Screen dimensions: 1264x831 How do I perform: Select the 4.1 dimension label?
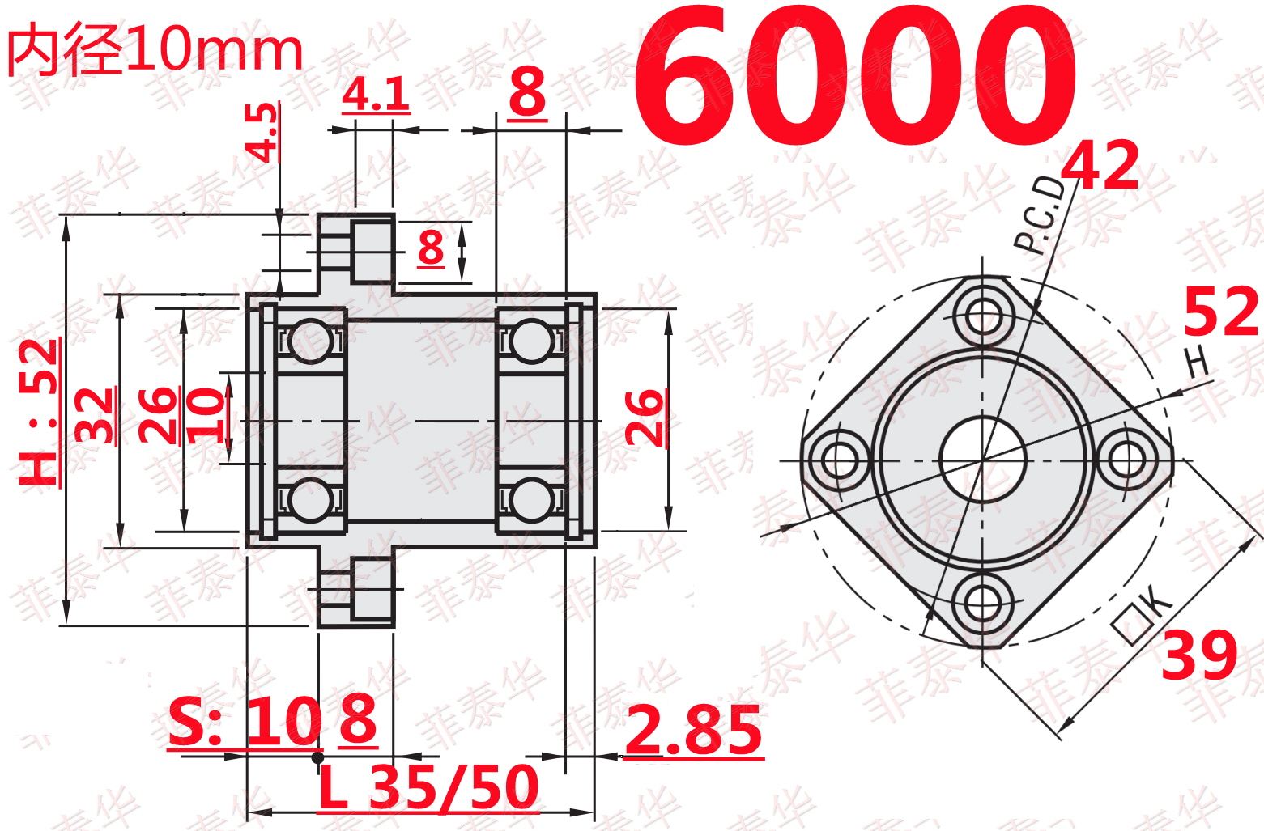tap(376, 95)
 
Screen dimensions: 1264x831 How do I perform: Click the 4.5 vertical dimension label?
tap(261, 133)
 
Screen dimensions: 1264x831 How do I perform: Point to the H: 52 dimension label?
tap(38, 412)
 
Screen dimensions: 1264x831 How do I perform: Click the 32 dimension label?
tap(95, 415)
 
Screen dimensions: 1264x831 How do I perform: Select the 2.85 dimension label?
tap(694, 731)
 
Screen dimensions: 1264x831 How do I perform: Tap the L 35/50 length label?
tap(429, 787)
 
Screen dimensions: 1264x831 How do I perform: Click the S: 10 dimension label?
tap(245, 721)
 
